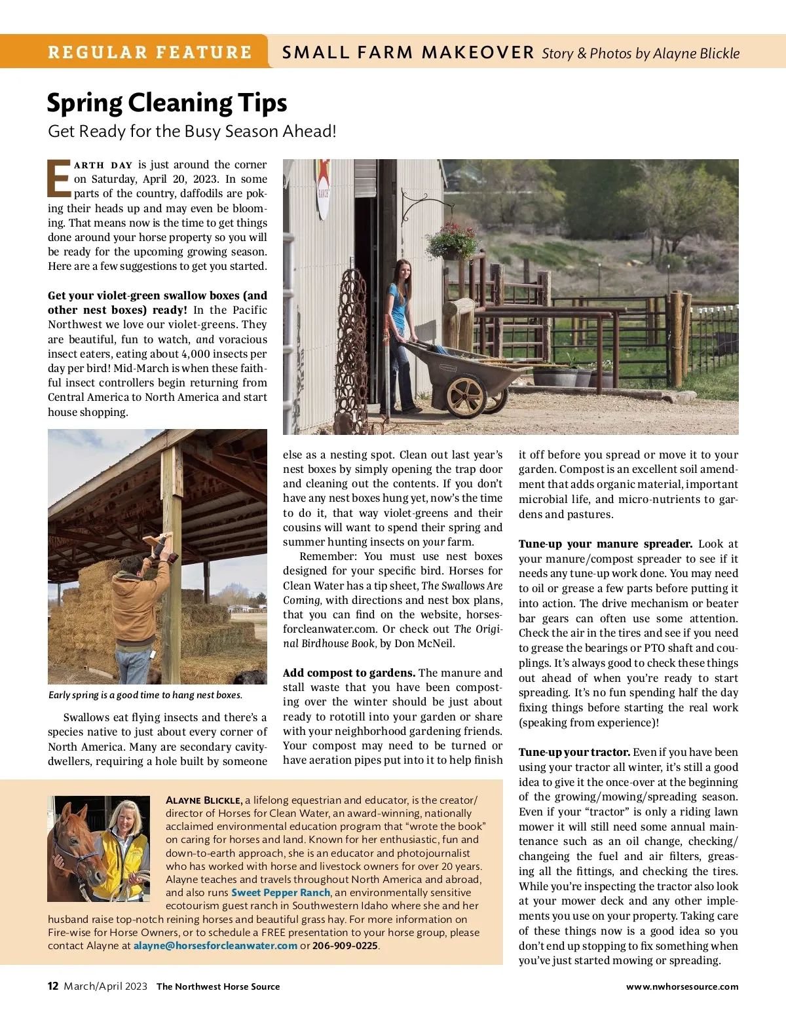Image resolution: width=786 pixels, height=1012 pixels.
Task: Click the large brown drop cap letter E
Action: (x=60, y=178)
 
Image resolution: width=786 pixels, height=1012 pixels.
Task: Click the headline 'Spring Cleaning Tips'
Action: (x=167, y=103)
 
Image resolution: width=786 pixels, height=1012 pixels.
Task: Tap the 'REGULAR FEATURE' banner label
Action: (x=149, y=52)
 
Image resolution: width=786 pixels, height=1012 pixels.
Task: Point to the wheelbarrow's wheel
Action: (x=466, y=395)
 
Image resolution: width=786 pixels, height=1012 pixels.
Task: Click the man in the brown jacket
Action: (x=139, y=609)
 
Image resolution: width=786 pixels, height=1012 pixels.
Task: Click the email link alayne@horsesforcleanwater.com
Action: (x=215, y=946)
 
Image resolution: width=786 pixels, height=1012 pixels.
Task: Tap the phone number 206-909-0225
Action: (x=345, y=946)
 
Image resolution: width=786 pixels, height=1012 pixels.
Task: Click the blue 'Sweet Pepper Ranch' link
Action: (x=280, y=893)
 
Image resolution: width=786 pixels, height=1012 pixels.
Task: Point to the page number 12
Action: (x=53, y=986)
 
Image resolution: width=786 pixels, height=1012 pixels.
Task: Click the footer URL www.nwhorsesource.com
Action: (x=682, y=986)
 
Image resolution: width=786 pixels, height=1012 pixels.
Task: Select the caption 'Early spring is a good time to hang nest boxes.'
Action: (x=145, y=695)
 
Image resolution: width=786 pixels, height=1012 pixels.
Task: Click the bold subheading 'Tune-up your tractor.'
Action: (x=574, y=752)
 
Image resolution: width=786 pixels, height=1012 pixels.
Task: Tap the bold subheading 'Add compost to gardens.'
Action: (x=348, y=673)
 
